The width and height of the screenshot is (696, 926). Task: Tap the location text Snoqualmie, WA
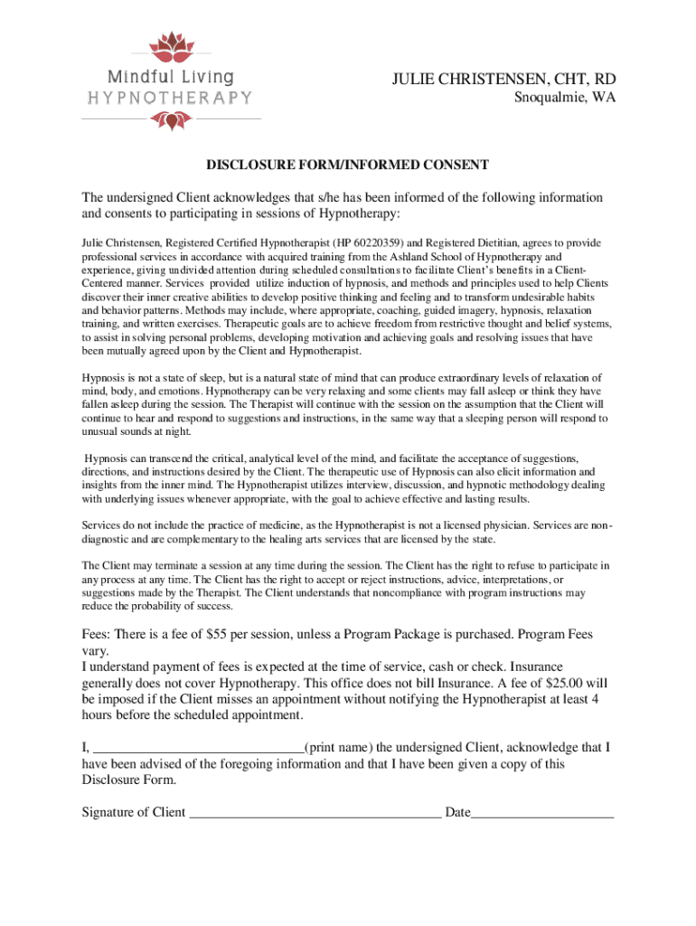point(559,99)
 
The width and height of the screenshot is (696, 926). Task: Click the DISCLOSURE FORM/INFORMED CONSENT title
point(348,165)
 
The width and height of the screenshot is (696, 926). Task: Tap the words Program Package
point(401,635)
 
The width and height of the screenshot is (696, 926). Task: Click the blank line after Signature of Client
point(314,814)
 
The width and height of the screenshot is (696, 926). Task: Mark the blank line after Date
point(542,814)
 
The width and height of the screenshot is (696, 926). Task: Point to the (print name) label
point(338,747)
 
